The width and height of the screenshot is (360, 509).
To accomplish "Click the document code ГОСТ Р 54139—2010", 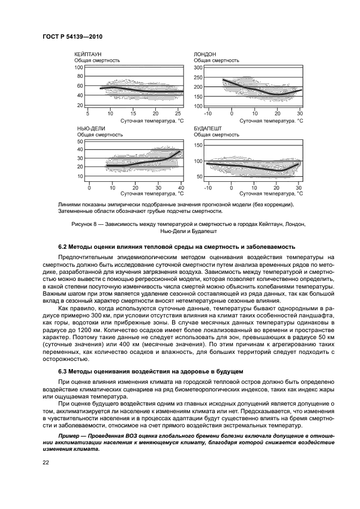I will (x=72, y=36).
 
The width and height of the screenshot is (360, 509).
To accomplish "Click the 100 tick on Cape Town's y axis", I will (x=78, y=67).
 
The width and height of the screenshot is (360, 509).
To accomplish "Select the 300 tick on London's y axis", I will (x=198, y=67).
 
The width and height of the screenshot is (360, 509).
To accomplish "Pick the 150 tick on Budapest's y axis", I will (x=198, y=145).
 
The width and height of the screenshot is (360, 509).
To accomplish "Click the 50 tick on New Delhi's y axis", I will (x=80, y=141).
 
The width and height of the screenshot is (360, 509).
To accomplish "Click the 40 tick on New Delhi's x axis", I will (x=181, y=187).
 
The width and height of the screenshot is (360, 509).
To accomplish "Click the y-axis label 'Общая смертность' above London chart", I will (x=216, y=60).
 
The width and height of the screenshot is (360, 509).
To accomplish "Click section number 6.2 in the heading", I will (x=64, y=246).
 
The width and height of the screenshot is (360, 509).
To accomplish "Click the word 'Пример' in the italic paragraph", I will (x=70, y=436).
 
